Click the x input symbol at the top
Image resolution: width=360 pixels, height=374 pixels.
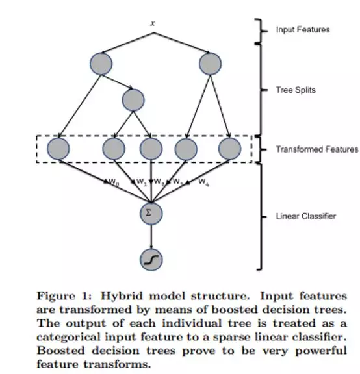[153, 23]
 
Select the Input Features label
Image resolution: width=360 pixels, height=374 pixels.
[303, 30]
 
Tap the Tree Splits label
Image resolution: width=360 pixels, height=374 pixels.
[296, 90]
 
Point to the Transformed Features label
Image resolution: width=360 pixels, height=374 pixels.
[317, 149]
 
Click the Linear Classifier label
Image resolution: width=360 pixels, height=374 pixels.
[306, 216]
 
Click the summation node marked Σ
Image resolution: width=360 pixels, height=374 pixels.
[151, 214]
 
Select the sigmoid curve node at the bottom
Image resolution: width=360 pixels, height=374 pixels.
[151, 260]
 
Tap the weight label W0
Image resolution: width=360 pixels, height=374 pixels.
[114, 182]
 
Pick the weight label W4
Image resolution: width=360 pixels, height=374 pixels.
[203, 182]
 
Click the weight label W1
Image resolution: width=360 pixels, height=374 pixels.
[142, 182]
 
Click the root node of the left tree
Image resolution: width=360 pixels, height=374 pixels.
[101, 64]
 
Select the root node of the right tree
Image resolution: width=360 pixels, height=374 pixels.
[210, 64]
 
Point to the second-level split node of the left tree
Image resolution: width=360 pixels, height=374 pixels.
[133, 100]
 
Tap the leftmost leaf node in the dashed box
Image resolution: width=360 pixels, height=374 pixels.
[58, 149]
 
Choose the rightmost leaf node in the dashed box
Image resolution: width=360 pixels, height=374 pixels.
[229, 149]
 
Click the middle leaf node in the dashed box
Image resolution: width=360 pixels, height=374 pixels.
[151, 149]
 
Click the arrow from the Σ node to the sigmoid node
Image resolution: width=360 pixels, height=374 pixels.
[151, 237]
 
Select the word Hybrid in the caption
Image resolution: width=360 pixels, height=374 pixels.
[122, 296]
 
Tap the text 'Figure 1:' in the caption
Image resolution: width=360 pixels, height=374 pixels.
[64, 296]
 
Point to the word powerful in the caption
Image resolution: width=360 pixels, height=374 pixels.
[321, 351]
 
